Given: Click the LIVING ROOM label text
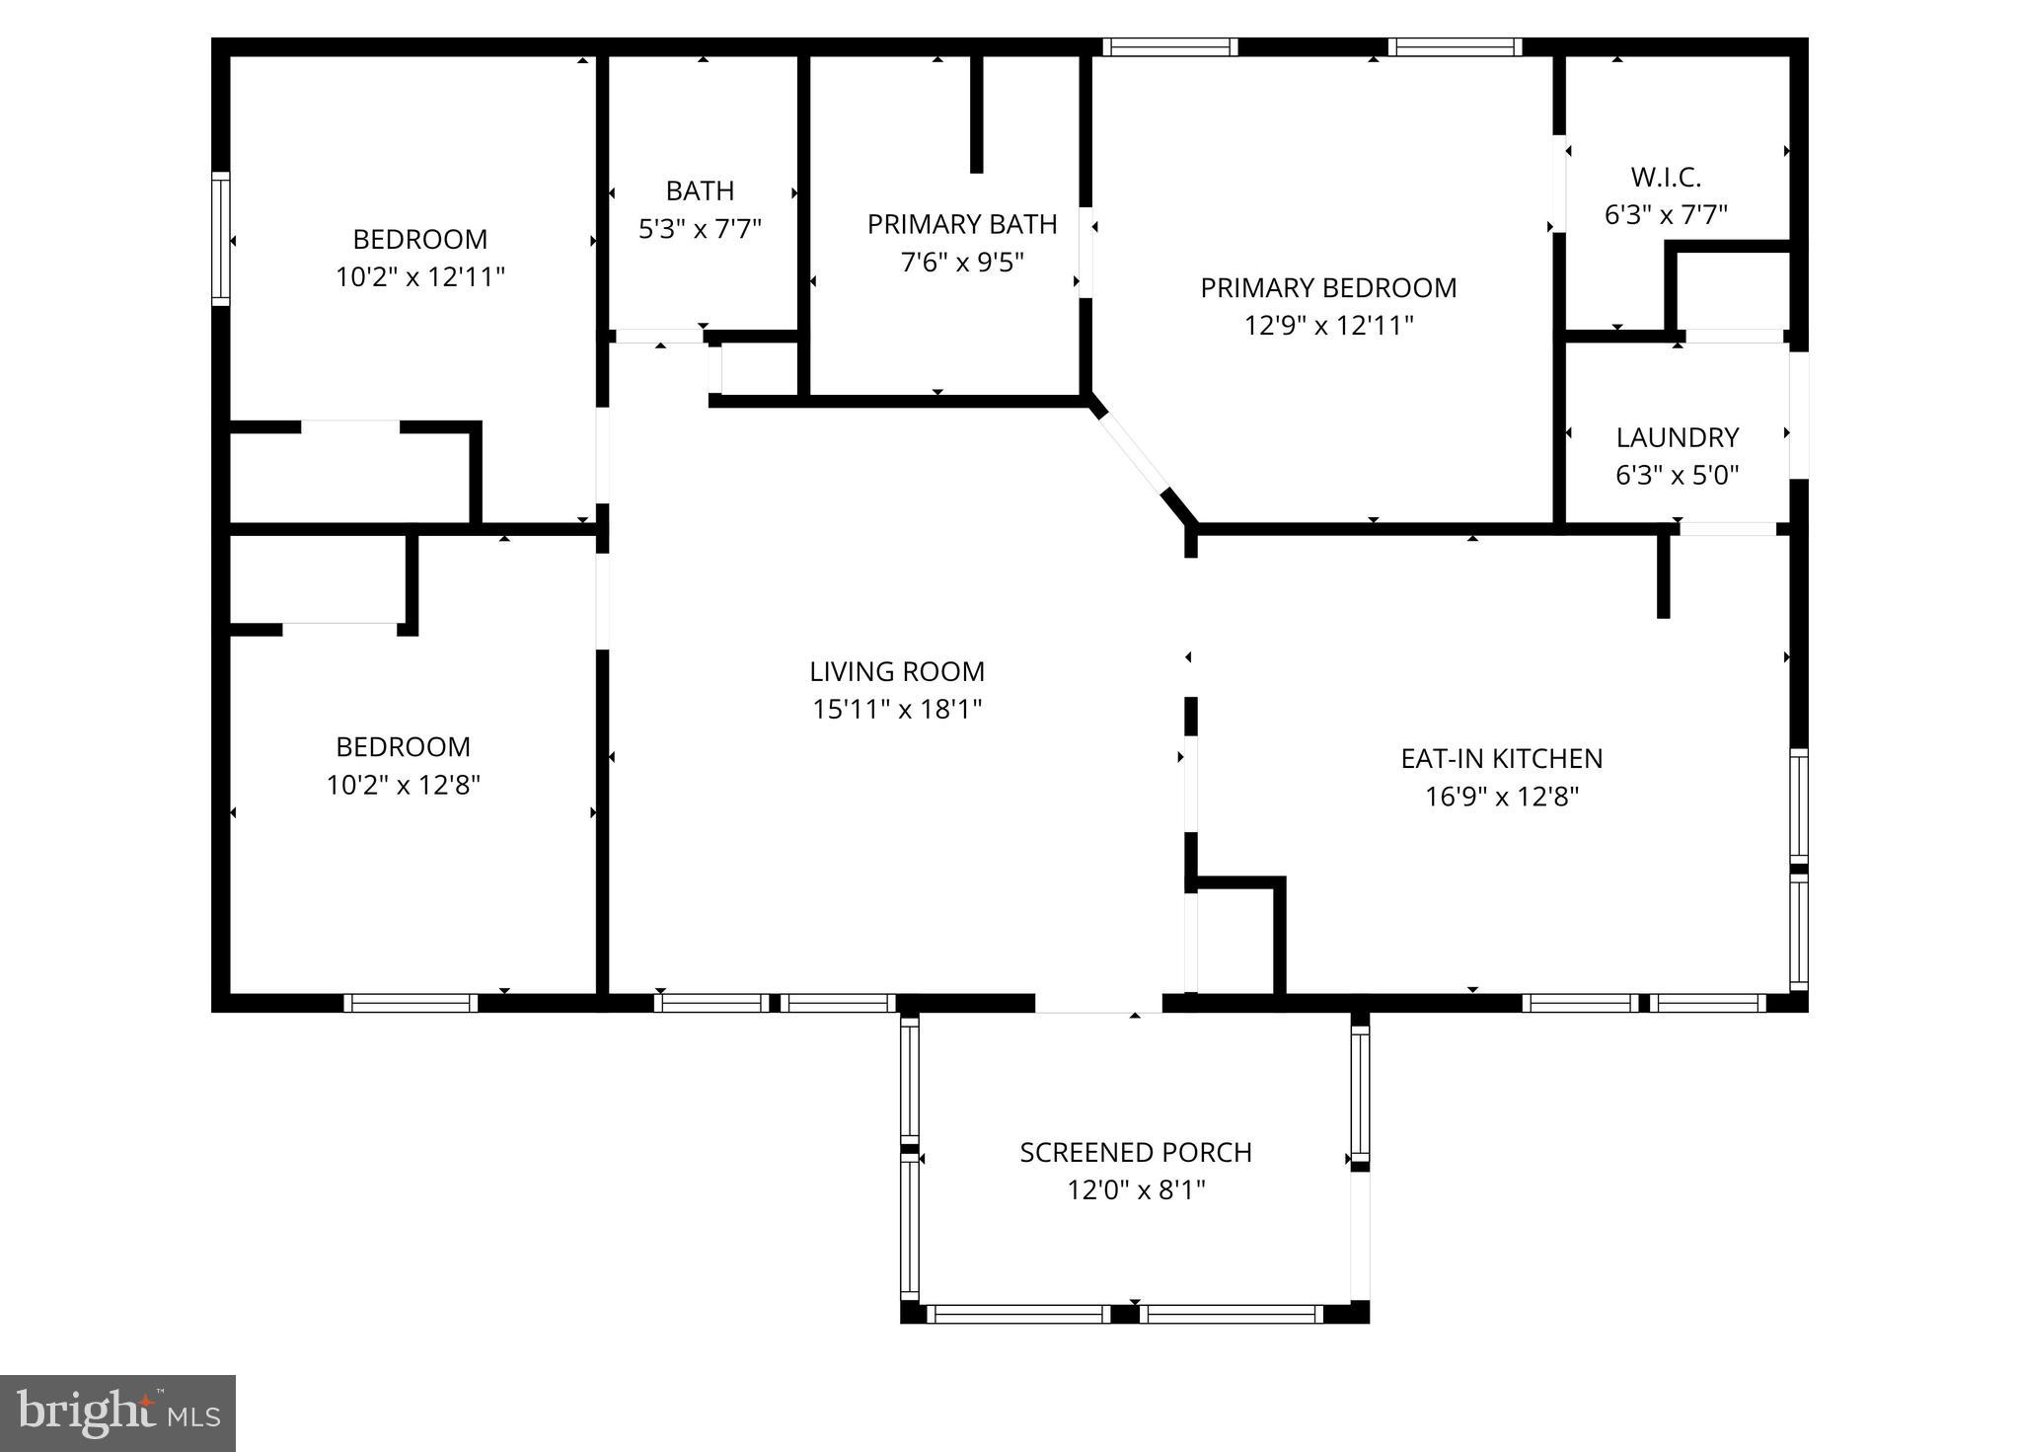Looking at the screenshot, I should pos(897,672).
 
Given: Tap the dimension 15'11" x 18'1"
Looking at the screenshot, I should pos(897,710).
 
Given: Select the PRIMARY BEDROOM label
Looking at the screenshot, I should pos(1328,288).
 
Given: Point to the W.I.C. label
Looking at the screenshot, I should pos(1666,178).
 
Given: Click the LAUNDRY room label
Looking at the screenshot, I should pos(1677,437).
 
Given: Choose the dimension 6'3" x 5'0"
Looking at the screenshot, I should pos(1677,476).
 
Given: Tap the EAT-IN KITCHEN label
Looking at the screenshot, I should pos(1501,759).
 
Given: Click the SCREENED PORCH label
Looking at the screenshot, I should pos(1136,1153).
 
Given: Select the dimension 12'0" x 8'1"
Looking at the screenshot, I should pos(1136,1190).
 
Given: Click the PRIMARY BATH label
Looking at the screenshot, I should pos(962,225).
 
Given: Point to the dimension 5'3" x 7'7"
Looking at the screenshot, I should pos(700,230).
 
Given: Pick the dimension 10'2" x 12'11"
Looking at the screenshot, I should pos(420,277).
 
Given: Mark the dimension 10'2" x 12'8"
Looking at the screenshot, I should pos(403,786).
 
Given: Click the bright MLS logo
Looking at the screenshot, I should pos(117,1414).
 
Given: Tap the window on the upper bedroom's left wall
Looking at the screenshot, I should pos(221,239).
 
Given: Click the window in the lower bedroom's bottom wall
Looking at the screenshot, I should pos(411,1003).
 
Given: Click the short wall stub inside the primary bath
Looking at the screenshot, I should pos(976,114).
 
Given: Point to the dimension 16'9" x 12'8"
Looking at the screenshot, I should pos(1501,797).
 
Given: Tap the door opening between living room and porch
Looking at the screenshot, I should pos(1097,1003).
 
